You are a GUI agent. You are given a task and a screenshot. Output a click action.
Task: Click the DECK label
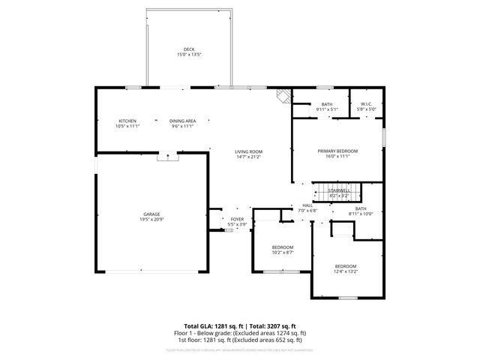[189, 49]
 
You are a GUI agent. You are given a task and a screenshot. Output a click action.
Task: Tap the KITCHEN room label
[127, 121]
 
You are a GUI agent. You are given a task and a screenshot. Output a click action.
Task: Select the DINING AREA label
[182, 121]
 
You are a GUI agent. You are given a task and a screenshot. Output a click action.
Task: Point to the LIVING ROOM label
[248, 151]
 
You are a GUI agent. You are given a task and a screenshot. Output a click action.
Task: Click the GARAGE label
[151, 214]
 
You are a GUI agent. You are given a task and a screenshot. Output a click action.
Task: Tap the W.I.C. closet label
[367, 104]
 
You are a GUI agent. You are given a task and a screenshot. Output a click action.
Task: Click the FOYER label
[237, 219]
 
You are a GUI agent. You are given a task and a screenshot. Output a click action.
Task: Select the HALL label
[307, 205]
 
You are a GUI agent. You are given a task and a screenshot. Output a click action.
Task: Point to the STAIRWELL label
[339, 190]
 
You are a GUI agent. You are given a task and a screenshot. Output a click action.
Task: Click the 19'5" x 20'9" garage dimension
[151, 220]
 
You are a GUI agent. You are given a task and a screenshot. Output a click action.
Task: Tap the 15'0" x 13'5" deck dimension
[189, 55]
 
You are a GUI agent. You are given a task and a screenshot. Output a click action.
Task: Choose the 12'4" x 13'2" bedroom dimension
[346, 272]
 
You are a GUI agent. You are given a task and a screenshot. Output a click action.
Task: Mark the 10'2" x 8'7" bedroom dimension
[283, 253]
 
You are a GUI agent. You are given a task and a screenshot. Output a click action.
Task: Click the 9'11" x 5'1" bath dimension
[327, 109]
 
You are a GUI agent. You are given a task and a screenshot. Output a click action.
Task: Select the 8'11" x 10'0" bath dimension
[361, 214]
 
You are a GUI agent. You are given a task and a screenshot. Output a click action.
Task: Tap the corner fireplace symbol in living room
[282, 95]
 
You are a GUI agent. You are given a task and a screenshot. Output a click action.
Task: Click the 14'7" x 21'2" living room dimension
[248, 157]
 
